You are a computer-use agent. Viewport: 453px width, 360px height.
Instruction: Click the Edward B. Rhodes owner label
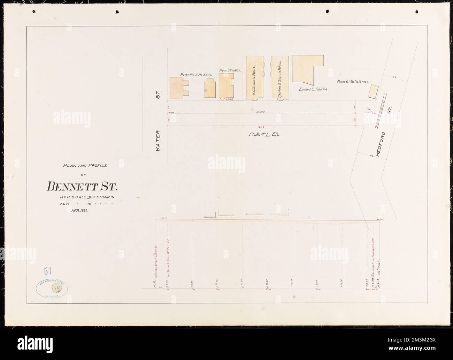pyautogui.click(x=314, y=89)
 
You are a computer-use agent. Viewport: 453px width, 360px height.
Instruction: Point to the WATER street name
pyautogui.click(x=158, y=140)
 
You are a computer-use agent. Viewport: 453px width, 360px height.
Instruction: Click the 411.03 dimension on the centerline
pyautogui.click(x=266, y=112)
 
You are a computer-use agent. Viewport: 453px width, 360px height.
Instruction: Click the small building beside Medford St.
pyautogui.click(x=373, y=92)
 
